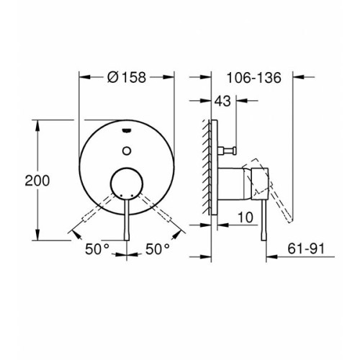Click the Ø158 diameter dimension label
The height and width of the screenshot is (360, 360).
click(127, 77)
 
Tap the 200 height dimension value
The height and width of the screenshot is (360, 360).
click(37, 181)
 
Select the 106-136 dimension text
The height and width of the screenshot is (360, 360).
click(253, 78)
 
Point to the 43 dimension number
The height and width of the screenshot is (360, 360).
click(222, 101)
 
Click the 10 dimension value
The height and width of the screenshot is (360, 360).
click(246, 217)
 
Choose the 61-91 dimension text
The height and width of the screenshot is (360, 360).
click(306, 248)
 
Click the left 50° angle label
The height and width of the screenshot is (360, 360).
click(97, 249)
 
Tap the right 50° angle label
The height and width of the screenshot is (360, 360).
click(158, 249)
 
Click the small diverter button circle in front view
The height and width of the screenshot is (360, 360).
click(127, 150)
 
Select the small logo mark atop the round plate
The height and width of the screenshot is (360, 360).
click(127, 130)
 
